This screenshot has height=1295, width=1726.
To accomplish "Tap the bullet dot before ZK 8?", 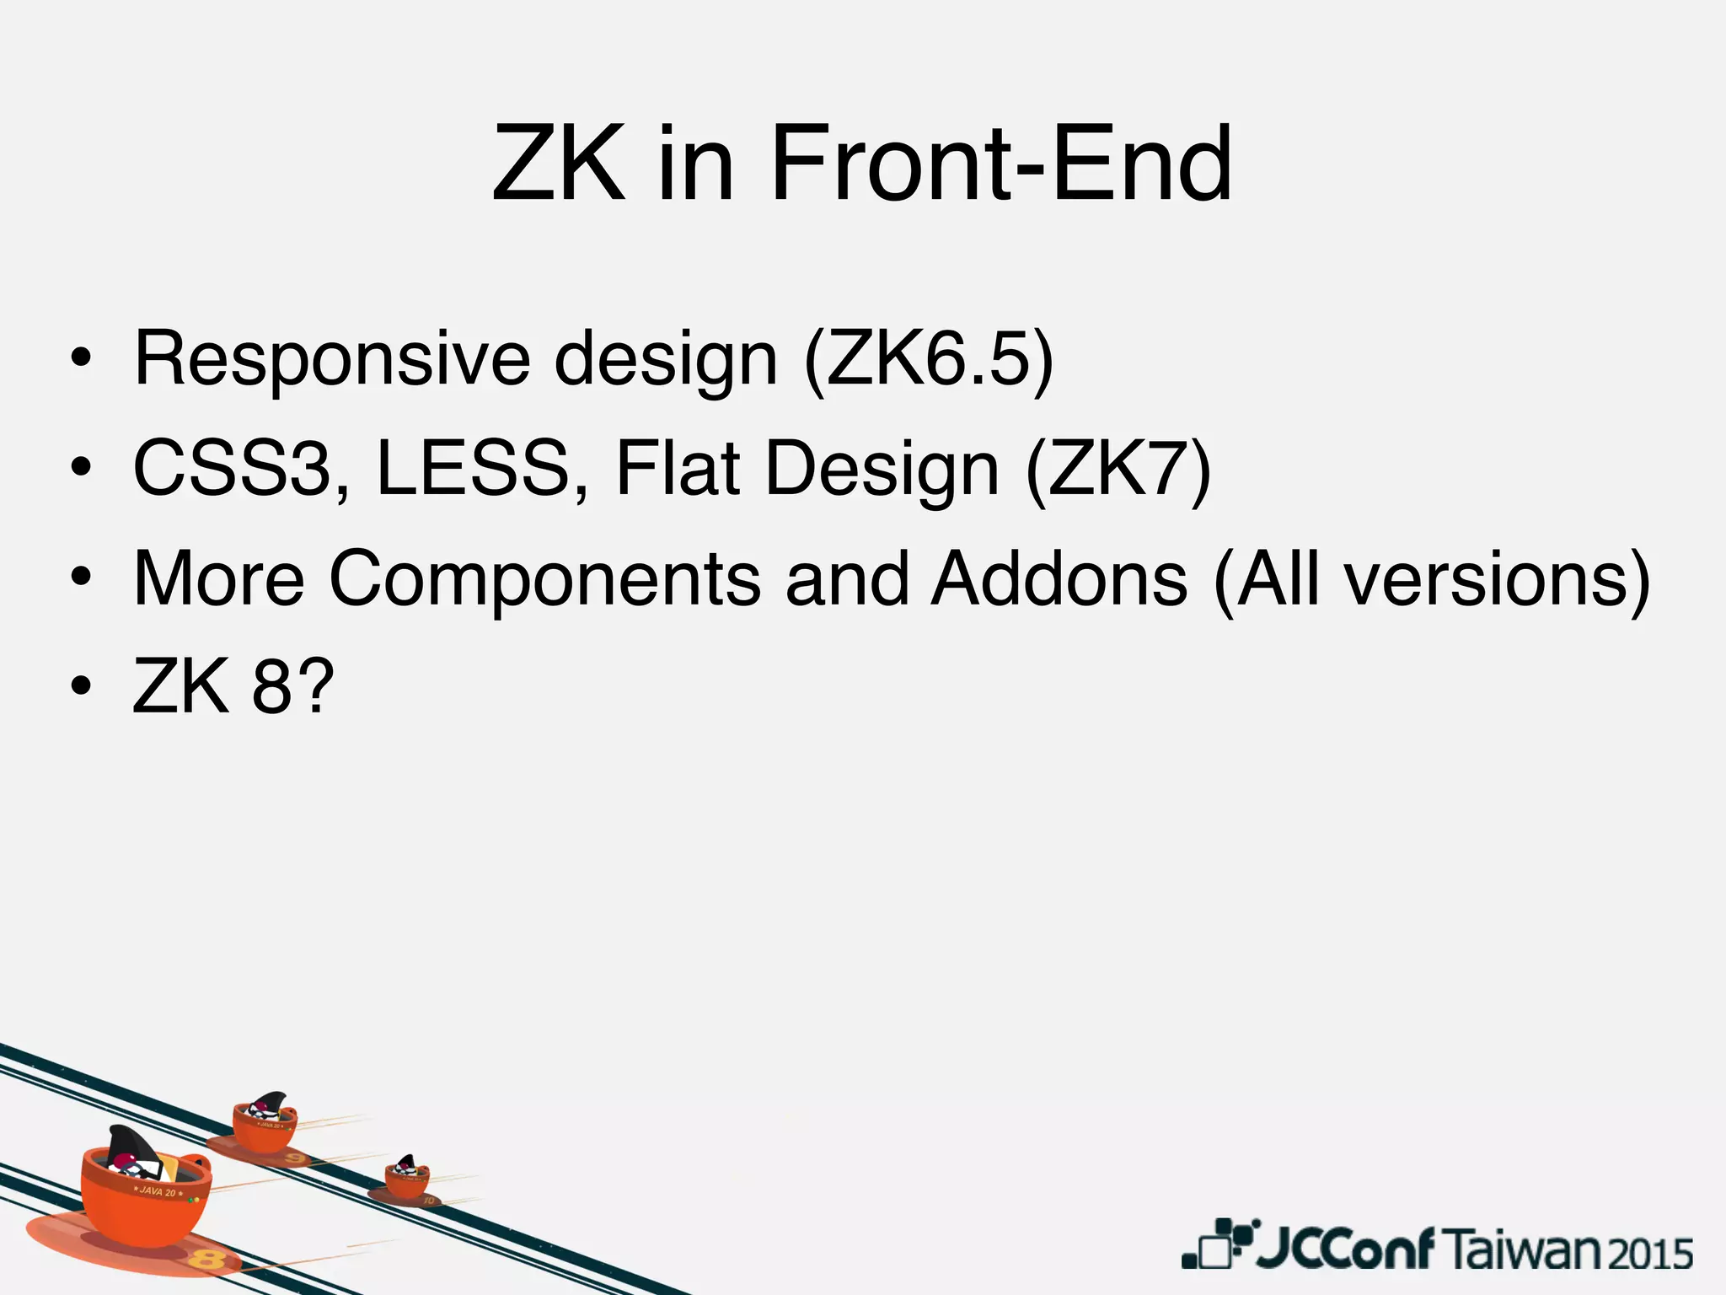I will [x=81, y=686].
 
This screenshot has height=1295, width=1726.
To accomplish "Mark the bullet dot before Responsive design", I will [x=81, y=359].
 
